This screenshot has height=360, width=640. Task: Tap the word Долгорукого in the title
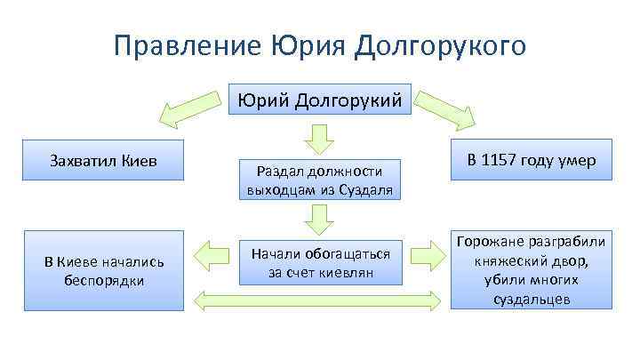pyautogui.click(x=440, y=45)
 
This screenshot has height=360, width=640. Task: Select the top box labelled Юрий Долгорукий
pyautogui.click(x=320, y=99)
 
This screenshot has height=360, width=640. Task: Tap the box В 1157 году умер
pyautogui.click(x=532, y=161)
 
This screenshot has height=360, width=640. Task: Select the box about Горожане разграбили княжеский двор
pyautogui.click(x=532, y=270)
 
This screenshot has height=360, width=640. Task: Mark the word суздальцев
pyautogui.click(x=532, y=300)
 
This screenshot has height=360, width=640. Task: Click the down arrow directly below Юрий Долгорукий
pyautogui.click(x=320, y=138)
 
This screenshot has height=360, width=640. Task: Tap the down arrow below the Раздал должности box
pyautogui.click(x=320, y=219)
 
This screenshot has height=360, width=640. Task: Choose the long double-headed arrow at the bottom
pyautogui.click(x=320, y=300)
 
